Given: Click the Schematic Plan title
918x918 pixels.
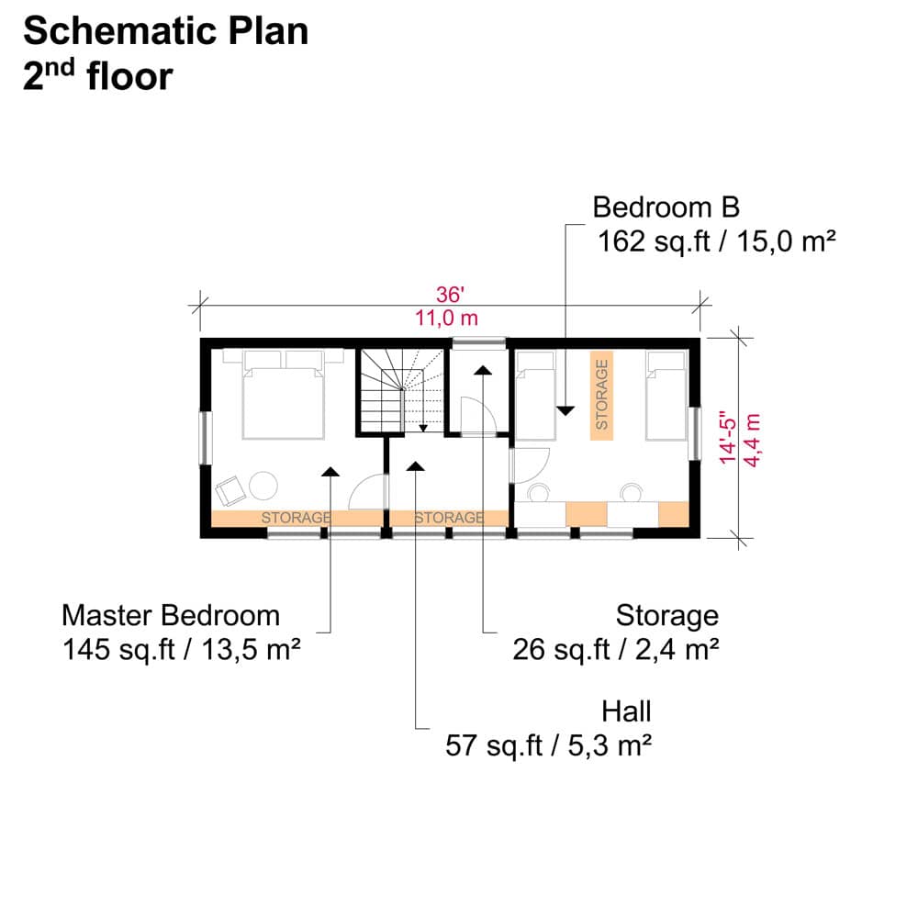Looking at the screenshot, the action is point(165,31).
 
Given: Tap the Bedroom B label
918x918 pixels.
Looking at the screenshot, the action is point(666,207).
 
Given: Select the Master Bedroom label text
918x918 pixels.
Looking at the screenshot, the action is point(171,616).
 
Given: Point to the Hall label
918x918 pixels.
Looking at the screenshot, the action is point(626,712).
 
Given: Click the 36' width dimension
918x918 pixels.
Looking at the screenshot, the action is point(450,295).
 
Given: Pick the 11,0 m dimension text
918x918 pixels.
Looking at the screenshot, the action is point(447,319).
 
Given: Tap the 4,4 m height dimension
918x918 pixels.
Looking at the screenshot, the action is point(752,441).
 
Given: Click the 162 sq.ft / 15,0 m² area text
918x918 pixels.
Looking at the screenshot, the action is point(717,241).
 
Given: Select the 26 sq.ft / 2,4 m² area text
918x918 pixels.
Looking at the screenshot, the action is point(616,650).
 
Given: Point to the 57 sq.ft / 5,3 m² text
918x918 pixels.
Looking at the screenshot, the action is point(549,745).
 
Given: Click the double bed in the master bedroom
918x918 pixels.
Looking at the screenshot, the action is point(284,395).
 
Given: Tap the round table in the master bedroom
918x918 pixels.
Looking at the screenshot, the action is point(263,486).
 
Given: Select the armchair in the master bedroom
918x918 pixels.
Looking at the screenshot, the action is point(230,491).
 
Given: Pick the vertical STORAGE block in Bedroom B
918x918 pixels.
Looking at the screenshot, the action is point(601,395).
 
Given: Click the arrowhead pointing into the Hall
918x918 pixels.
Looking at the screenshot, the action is point(416,466).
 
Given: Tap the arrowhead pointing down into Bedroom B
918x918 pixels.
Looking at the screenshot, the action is point(565,411).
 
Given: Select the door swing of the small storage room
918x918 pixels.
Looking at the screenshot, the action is point(478,416).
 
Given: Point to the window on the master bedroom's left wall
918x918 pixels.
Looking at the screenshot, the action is point(206,439).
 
